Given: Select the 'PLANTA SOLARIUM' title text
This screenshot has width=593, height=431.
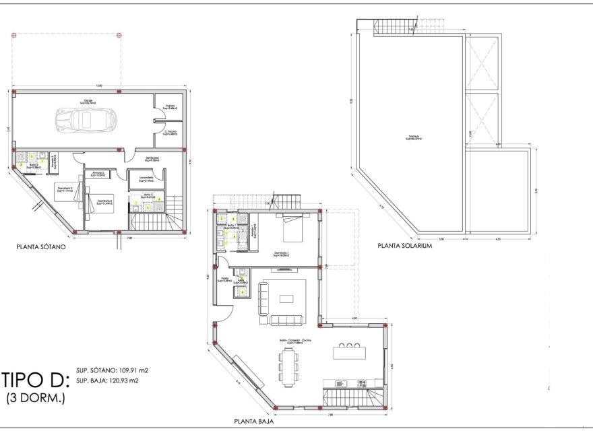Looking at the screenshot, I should (404, 246).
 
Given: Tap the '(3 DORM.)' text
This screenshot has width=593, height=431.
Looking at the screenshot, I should (35, 398).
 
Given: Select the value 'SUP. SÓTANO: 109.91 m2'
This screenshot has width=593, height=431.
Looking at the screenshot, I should (113, 370).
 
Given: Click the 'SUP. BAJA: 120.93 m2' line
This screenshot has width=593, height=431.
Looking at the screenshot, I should (108, 380).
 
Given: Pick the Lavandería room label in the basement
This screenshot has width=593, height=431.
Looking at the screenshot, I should (146, 178).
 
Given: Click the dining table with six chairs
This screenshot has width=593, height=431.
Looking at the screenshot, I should (288, 368).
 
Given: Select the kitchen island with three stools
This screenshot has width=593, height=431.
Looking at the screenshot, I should (348, 353).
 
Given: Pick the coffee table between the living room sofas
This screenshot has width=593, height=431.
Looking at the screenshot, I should (288, 298).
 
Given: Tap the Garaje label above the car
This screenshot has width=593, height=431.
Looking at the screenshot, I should (88, 102).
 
